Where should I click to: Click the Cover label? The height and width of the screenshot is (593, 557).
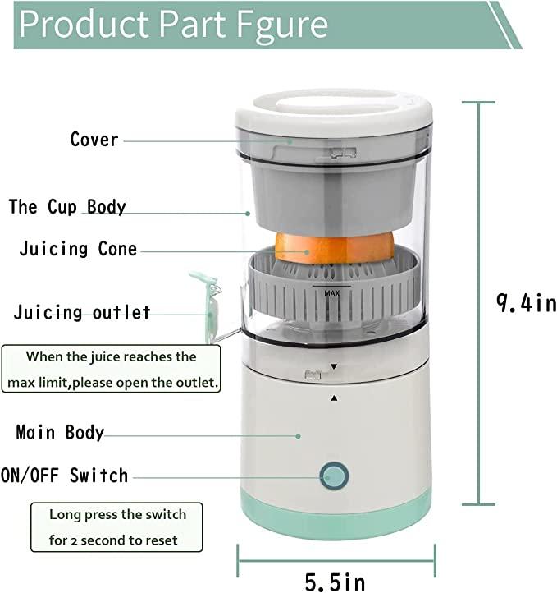94,140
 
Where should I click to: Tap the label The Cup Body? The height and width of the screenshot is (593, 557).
67,206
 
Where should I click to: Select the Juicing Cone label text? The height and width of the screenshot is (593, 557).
78,249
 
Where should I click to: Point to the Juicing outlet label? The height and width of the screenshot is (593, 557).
82,313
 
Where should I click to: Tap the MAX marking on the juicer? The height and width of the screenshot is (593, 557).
332,292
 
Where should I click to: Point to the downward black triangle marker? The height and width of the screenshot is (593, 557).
334,366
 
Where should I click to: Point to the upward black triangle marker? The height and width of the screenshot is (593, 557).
334,398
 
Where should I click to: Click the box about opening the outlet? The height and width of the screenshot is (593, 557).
112,370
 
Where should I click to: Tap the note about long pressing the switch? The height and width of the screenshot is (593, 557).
117,528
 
